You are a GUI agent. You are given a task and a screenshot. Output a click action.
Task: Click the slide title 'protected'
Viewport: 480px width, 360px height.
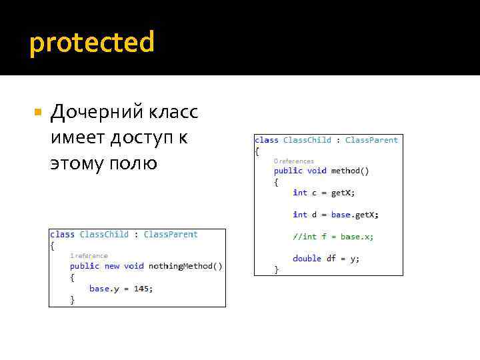[92, 43]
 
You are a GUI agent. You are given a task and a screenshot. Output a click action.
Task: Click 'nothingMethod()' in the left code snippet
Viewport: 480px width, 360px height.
[185, 266]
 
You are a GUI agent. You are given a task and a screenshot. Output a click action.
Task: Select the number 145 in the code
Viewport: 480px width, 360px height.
[142, 289]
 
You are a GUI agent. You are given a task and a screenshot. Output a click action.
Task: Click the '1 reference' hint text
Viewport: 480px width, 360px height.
[89, 255]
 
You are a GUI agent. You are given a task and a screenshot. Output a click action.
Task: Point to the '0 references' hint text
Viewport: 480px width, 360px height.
[293, 161]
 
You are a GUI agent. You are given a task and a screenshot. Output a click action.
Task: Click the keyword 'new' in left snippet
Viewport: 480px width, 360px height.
[112, 266]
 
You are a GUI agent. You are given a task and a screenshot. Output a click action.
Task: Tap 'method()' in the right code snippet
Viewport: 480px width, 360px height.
[350, 171]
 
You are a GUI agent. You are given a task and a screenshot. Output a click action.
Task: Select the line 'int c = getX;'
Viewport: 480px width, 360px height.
[324, 193]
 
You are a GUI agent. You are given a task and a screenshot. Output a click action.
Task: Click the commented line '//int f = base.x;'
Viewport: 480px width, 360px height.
[333, 237]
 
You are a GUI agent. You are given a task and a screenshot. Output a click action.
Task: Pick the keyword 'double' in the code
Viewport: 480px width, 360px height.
[307, 259]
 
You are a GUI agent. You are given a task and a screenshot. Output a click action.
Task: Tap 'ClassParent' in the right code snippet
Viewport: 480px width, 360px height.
[371, 140]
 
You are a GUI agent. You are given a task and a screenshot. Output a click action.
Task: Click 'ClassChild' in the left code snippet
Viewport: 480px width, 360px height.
[104, 234]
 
